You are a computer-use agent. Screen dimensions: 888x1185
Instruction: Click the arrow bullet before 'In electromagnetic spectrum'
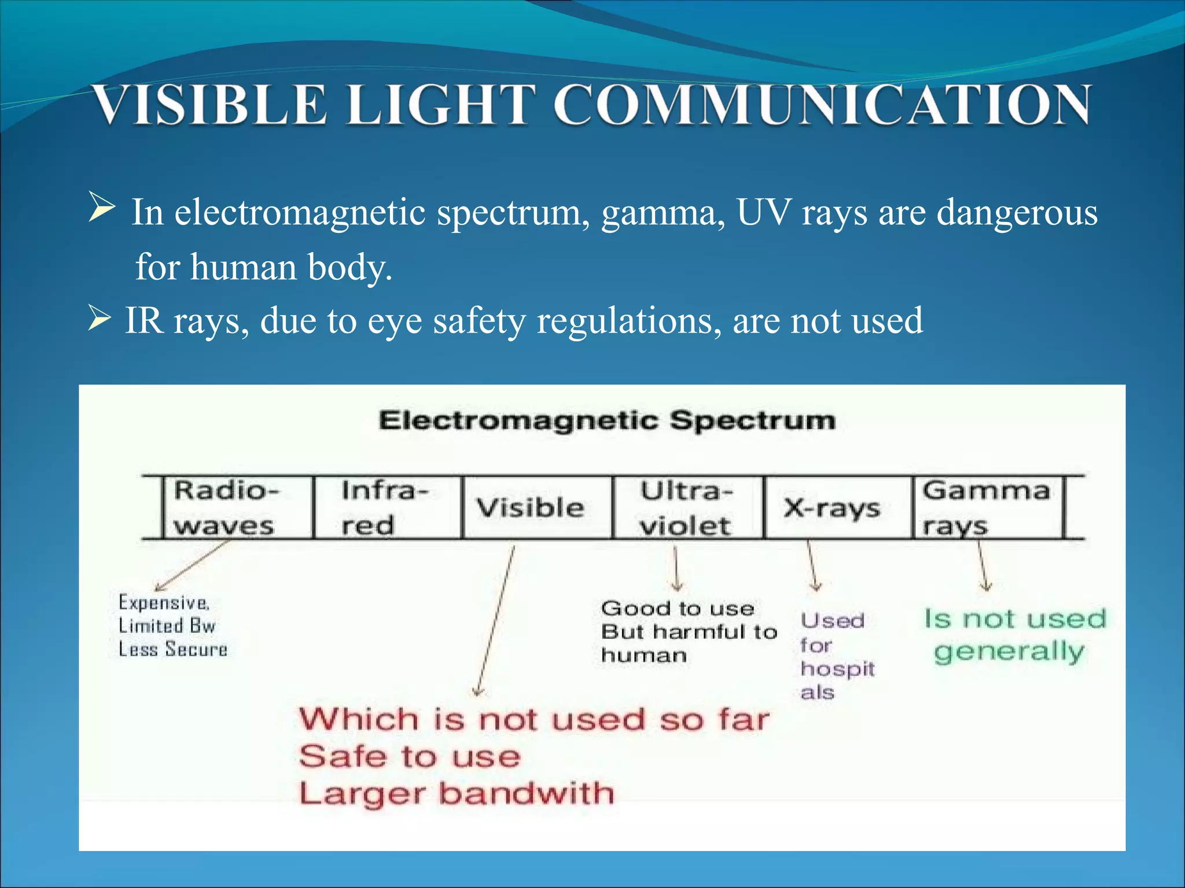(x=102, y=208)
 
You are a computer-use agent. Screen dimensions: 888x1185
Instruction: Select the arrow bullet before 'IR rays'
(x=100, y=319)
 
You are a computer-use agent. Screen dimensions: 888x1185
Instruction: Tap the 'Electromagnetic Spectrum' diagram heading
(x=607, y=420)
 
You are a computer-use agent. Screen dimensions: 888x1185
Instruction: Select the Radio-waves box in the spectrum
(x=237, y=508)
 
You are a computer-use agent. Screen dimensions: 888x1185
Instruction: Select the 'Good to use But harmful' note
(x=689, y=631)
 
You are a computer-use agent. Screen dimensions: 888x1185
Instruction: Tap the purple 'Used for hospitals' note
(x=837, y=656)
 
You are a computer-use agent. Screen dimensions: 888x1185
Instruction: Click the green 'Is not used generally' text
(x=1014, y=635)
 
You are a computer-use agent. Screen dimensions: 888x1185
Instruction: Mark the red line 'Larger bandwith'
(x=456, y=793)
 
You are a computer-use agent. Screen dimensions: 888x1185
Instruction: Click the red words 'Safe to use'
(x=410, y=757)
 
